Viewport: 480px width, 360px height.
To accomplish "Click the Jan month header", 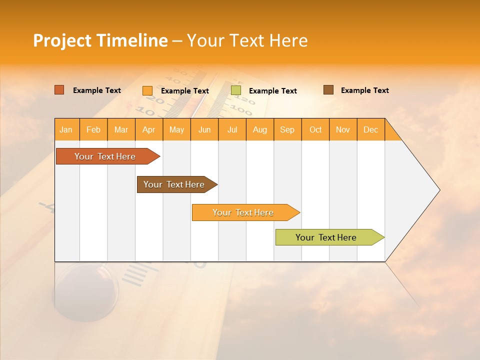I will coord(66,129).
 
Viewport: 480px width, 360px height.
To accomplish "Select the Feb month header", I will coord(93,129).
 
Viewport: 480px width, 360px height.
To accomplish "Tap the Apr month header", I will coord(149,129).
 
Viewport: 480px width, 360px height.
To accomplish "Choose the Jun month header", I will coord(204,129).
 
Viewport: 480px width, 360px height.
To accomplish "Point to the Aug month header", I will coord(260,129).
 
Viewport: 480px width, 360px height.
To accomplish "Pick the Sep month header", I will coord(287,129).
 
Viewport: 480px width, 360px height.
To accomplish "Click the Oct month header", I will coord(315,129).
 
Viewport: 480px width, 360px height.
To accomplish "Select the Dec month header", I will coord(371,129).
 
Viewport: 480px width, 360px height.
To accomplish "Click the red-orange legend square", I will coord(59,90).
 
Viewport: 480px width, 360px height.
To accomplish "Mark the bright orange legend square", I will coord(147,90).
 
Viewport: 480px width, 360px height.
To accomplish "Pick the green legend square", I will coord(236,90).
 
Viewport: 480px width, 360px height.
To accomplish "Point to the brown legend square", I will coord(328,90).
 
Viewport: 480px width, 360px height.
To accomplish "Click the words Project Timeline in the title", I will coord(100,40).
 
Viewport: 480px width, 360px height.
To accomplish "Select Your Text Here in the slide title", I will coord(247,40).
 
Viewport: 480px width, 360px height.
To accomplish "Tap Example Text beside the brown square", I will coord(364,90).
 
